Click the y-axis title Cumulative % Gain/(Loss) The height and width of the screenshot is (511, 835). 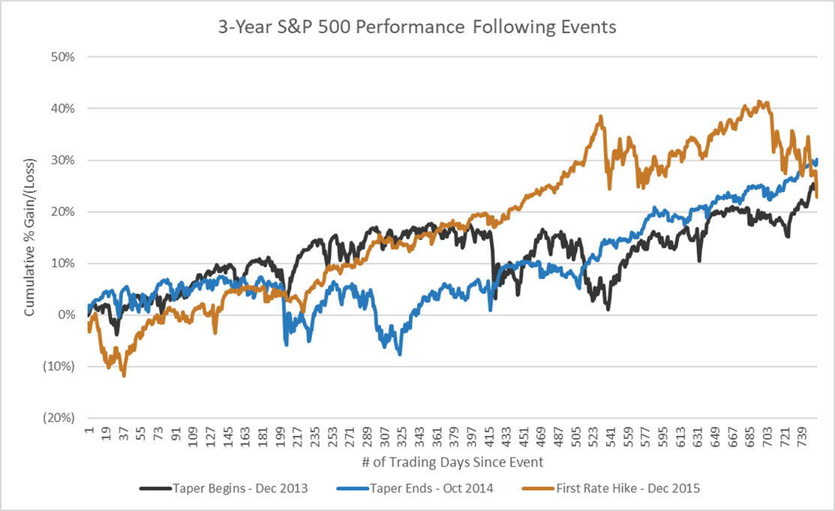29,237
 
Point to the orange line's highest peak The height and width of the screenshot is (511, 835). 760,101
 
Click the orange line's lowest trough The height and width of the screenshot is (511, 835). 124,375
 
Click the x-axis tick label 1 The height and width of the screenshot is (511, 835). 89,436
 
